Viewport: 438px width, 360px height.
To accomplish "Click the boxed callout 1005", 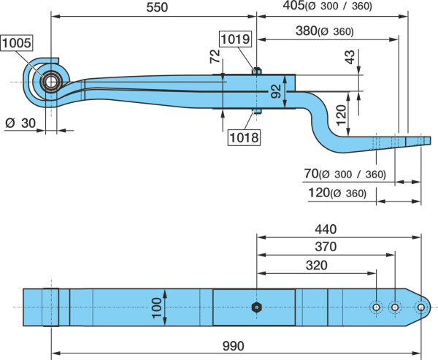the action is pyautogui.click(x=17, y=43).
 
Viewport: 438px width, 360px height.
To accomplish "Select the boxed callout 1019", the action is pyautogui.click(x=235, y=39).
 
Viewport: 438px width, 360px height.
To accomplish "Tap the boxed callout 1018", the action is pyautogui.click(x=244, y=137).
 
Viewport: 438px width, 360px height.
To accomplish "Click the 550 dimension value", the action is pyautogui.click(x=157, y=7).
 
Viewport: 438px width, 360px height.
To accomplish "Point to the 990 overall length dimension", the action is pyautogui.click(x=234, y=346).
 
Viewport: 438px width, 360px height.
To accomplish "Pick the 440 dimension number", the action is pyautogui.click(x=326, y=229).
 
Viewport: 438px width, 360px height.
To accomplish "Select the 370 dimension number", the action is pyautogui.click(x=326, y=247).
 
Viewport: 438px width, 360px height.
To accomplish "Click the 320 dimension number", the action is pyautogui.click(x=317, y=265).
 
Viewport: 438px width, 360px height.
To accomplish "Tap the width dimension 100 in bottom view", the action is pyautogui.click(x=157, y=307).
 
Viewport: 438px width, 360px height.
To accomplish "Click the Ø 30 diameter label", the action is pyautogui.click(x=20, y=123).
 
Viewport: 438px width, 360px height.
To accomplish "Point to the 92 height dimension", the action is pyautogui.click(x=276, y=91).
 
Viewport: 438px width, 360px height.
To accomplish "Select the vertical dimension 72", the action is pyautogui.click(x=215, y=56).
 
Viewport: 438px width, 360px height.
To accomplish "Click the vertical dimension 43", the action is pyautogui.click(x=350, y=57).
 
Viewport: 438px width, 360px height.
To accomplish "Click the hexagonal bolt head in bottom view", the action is pyautogui.click(x=256, y=307).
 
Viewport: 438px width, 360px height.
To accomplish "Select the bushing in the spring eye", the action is pyautogui.click(x=51, y=82).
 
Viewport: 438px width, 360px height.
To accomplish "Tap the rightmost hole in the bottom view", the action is pyautogui.click(x=420, y=307).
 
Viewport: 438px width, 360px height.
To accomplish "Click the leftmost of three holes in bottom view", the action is pyautogui.click(x=376, y=307).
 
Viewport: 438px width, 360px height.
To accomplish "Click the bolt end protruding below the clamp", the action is pyautogui.click(x=257, y=111).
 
